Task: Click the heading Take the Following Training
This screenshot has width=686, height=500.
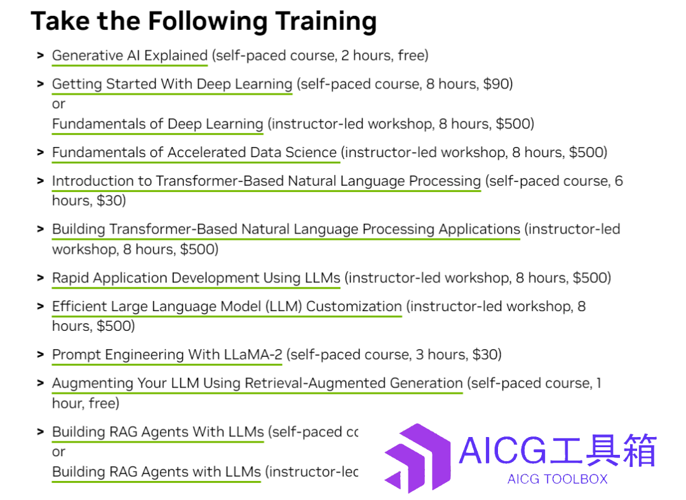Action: point(203,21)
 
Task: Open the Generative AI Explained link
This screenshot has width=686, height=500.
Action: point(130,55)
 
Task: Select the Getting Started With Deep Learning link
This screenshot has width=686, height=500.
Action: point(172,84)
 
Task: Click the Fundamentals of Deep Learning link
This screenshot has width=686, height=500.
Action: point(158,124)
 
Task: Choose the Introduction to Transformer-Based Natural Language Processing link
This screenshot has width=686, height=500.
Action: point(266,181)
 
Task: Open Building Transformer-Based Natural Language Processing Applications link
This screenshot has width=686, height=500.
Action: point(286,229)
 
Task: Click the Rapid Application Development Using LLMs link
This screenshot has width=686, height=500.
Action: point(196,278)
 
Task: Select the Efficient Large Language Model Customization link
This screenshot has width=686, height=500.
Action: point(227,307)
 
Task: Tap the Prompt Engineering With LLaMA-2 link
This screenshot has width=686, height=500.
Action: point(167,354)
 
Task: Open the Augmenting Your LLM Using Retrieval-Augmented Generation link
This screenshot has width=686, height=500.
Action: point(257,383)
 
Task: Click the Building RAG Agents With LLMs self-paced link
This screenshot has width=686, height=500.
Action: point(158,432)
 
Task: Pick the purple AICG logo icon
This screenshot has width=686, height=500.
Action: point(417,458)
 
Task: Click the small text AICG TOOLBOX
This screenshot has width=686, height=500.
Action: point(558,479)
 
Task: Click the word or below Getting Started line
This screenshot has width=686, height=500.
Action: point(58,104)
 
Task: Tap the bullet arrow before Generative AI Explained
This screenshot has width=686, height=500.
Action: point(41,55)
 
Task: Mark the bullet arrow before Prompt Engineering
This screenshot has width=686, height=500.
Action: point(41,354)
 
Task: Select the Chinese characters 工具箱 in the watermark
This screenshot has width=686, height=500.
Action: point(603,450)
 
